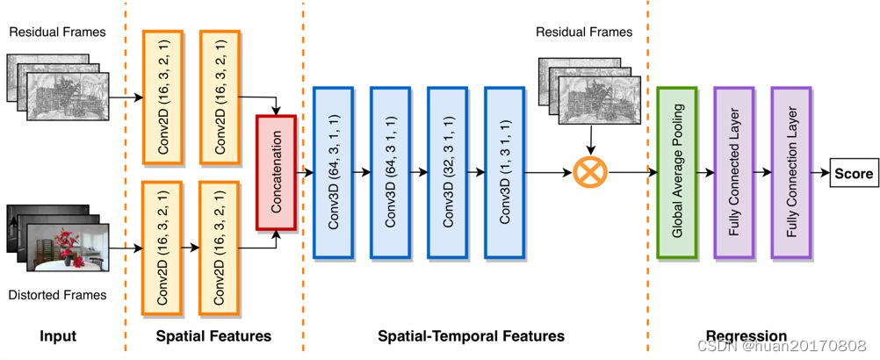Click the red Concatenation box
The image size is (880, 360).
click(x=278, y=173)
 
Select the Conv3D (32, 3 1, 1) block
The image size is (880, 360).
click(x=447, y=172)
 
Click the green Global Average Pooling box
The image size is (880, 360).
click(x=677, y=173)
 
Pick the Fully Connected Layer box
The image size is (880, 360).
click(x=733, y=173)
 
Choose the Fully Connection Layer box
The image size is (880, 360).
click(x=791, y=173)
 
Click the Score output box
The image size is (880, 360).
click(x=854, y=174)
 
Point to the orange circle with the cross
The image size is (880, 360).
click(x=590, y=173)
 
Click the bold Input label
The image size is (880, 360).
click(x=58, y=336)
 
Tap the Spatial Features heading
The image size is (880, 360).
click(x=213, y=336)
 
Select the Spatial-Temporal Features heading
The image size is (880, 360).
click(x=471, y=336)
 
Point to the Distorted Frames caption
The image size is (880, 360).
click(x=58, y=295)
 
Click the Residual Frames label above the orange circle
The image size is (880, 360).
click(x=584, y=32)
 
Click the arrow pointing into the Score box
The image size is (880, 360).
click(x=819, y=174)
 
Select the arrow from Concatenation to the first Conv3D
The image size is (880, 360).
click(x=306, y=173)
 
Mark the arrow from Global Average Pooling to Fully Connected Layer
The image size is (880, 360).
click(x=705, y=173)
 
